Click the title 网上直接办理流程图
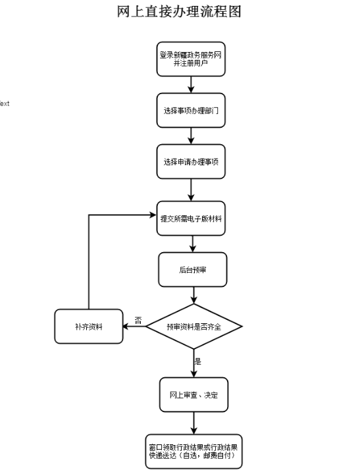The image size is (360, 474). click(179, 12)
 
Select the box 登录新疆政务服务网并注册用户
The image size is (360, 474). click(191, 59)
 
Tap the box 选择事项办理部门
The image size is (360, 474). click(191, 111)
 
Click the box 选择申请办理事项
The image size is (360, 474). click(191, 161)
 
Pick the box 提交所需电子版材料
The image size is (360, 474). click(191, 219)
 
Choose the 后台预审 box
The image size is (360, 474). click(193, 269)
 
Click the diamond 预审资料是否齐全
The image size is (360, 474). click(193, 327)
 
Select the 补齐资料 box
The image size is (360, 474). click(89, 327)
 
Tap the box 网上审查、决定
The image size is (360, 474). click(193, 394)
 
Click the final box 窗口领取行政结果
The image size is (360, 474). click(193, 452)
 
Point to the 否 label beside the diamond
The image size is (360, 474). click(138, 321)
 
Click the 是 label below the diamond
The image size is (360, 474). click(197, 361)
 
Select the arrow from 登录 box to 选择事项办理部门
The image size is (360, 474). click(191, 85)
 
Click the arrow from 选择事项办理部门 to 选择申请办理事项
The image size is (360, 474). click(191, 136)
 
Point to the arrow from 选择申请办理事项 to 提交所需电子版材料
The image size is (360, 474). click(191, 190)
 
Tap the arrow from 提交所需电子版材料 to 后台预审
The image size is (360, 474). click(193, 244)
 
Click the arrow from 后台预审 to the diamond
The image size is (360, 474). click(193, 295)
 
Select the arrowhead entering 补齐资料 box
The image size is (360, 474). click(126, 327)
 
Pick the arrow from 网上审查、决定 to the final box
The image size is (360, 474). click(193, 423)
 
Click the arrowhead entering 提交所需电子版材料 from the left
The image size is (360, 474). click(153, 215)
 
